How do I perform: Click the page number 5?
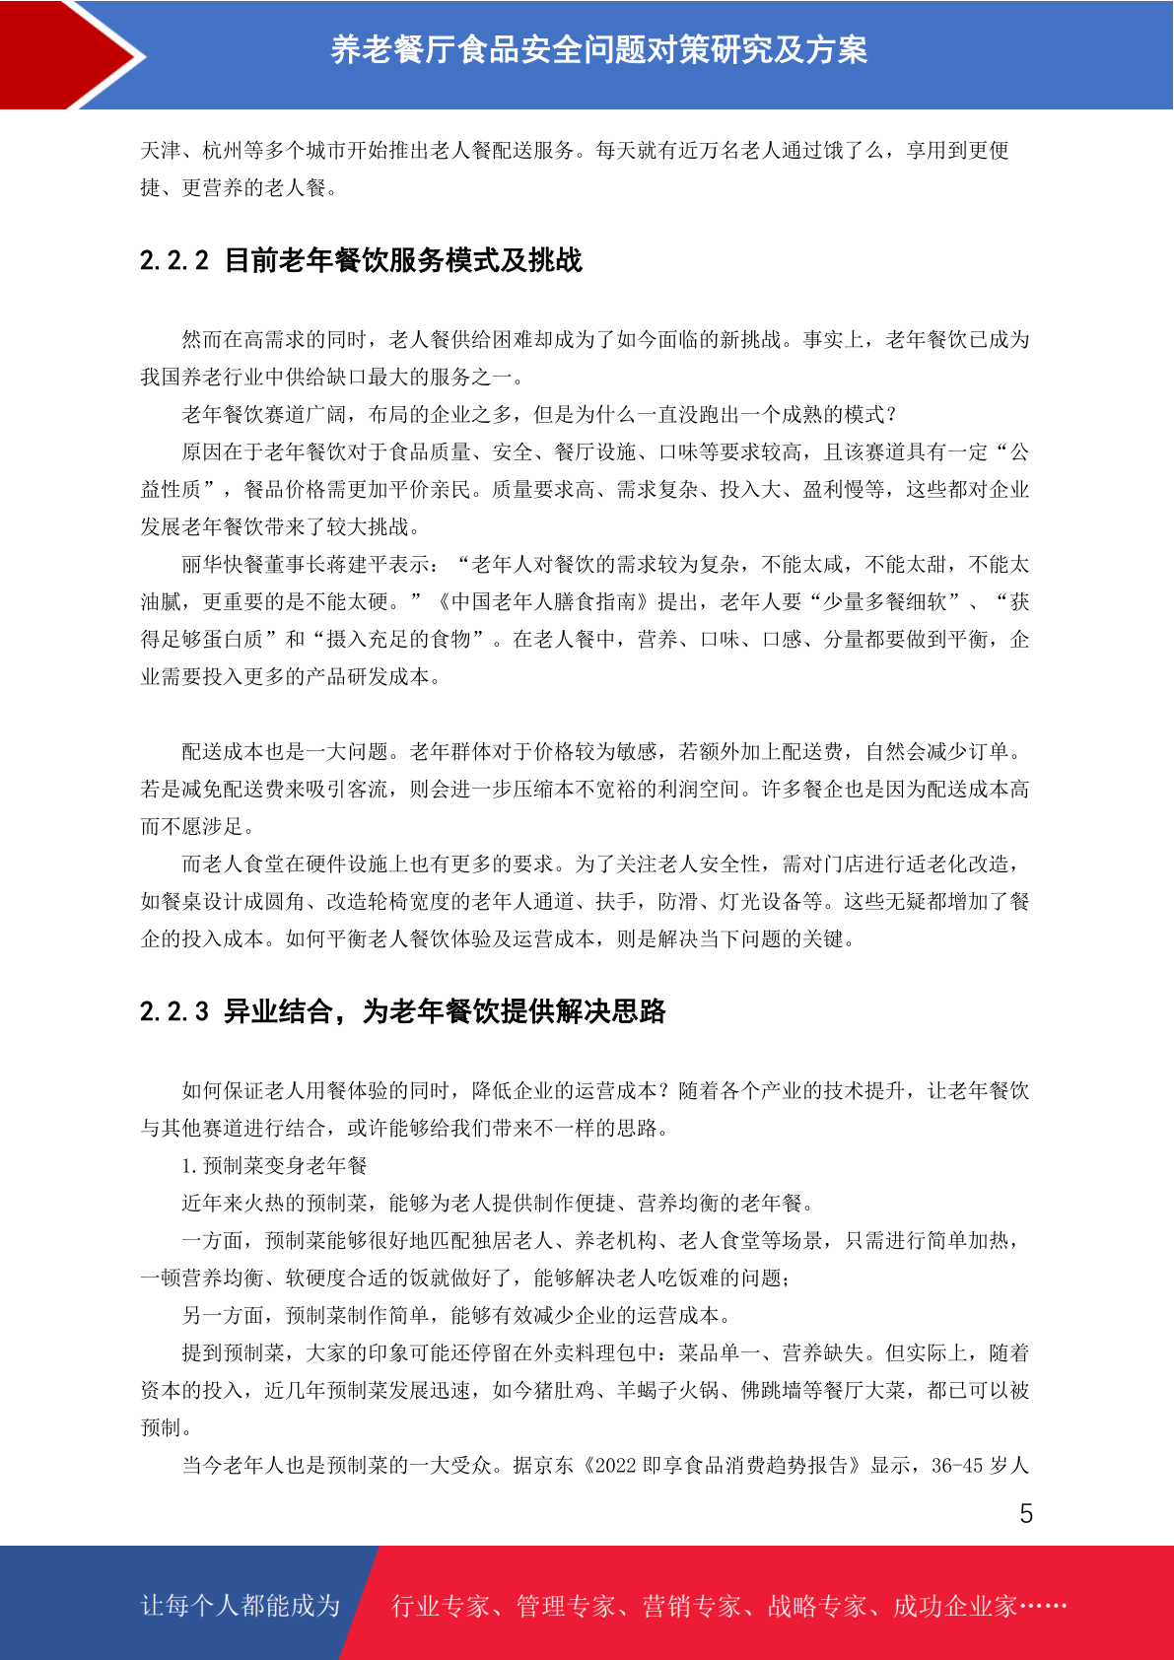1026,1514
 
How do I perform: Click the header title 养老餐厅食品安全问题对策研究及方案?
598,49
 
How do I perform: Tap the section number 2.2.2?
174,261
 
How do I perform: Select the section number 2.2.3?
174,1012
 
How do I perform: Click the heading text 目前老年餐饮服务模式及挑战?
403,261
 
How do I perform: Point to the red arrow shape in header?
69,54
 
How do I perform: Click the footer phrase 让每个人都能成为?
241,1606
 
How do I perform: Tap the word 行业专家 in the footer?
441,1607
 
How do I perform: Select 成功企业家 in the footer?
954,1607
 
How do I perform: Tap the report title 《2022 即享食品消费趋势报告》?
721,1466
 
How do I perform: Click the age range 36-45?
956,1466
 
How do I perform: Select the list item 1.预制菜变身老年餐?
274,1166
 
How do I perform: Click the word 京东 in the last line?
554,1466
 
